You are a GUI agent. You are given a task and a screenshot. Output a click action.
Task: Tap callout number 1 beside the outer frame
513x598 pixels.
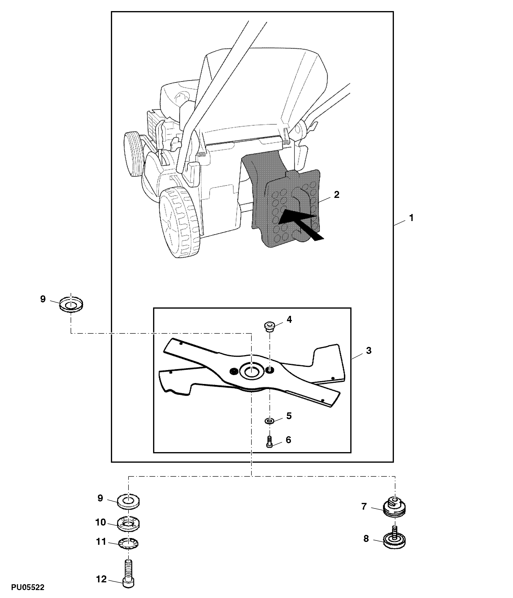411,218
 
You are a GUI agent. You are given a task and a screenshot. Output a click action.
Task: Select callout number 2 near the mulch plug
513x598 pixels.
336,195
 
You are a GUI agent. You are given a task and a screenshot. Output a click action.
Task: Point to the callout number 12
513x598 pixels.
101,579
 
